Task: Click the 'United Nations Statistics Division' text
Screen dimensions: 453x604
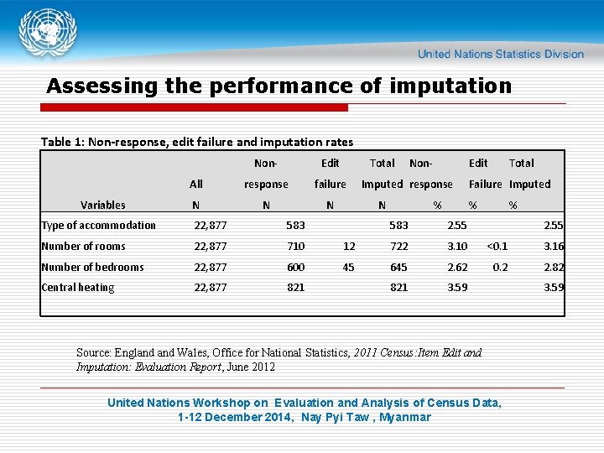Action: pos(500,54)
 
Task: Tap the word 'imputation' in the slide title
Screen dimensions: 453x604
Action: pos(456,86)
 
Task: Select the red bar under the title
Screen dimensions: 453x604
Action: pos(197,108)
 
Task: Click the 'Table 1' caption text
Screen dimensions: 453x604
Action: pos(196,142)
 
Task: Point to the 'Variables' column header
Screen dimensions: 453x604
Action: pos(102,205)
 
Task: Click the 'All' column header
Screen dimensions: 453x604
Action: pos(195,184)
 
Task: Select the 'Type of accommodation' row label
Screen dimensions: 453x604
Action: pos(98,225)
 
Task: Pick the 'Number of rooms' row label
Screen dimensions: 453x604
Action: pos(83,246)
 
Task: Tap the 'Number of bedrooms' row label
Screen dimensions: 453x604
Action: pos(92,267)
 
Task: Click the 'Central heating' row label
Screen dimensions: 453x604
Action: pos(77,288)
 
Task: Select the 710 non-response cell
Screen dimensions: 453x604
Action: pos(295,246)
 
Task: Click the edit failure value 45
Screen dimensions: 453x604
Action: pos(348,267)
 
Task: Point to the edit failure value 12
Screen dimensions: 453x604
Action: pos(349,246)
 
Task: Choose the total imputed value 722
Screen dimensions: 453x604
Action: pos(398,246)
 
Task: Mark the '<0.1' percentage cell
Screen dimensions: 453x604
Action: pos(497,246)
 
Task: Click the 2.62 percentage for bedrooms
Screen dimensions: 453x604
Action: pos(456,267)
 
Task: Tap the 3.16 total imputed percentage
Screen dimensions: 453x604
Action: pos(553,246)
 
